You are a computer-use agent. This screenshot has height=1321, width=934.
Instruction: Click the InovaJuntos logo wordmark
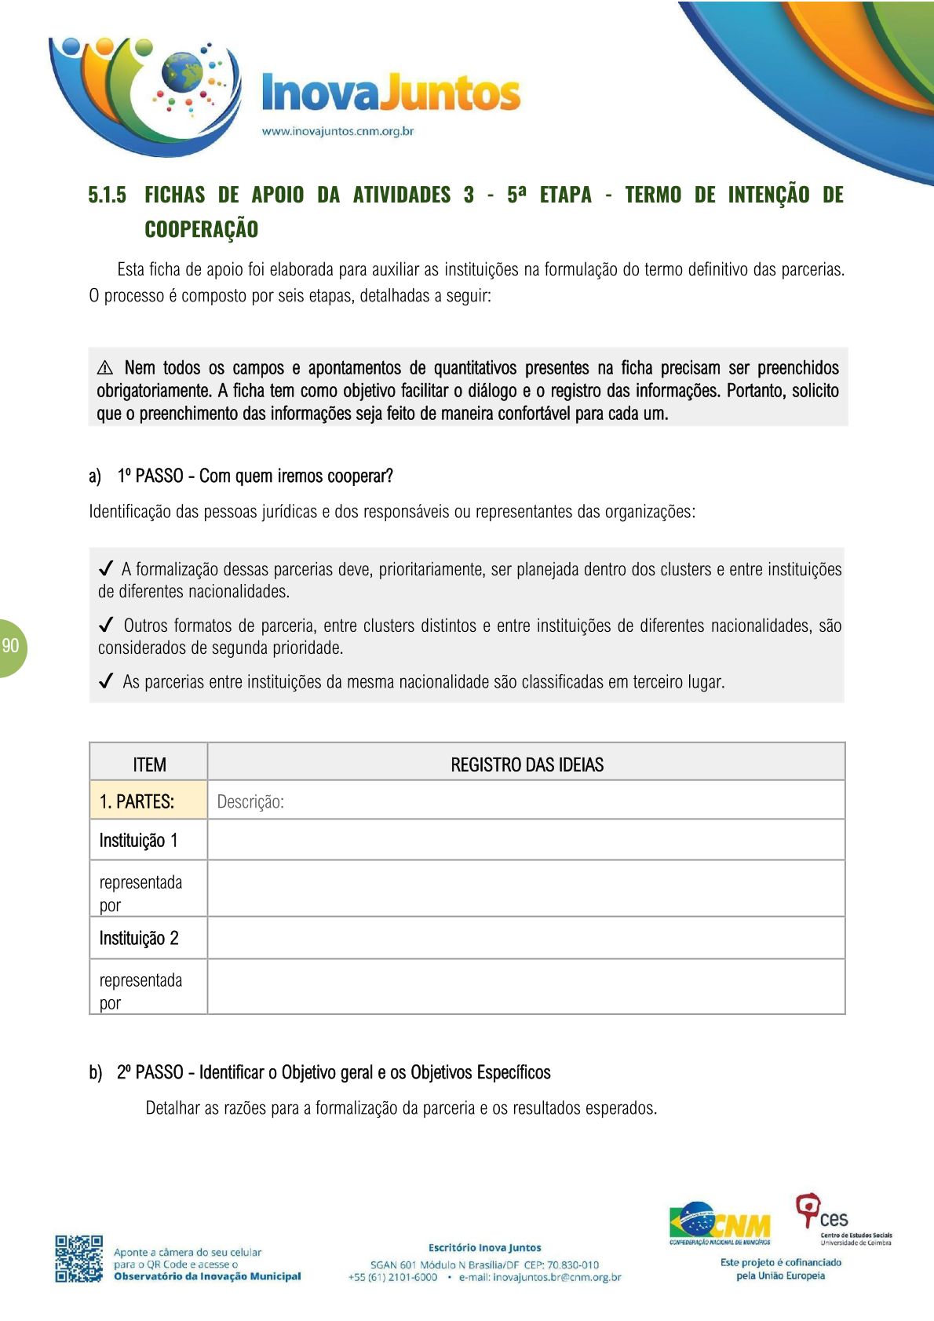click(x=390, y=93)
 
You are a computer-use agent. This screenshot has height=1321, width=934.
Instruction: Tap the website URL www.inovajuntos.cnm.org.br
click(x=337, y=131)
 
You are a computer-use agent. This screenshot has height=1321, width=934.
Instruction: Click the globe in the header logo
click(x=182, y=73)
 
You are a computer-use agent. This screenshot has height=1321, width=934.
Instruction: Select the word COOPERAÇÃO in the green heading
click(x=201, y=229)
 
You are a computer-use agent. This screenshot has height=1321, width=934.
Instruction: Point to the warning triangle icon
click(x=105, y=368)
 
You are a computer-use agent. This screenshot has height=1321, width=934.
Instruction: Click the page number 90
click(x=10, y=646)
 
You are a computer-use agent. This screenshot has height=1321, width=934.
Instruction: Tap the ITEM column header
click(x=149, y=764)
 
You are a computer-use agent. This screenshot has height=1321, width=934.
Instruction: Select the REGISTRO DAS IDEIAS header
click(x=527, y=764)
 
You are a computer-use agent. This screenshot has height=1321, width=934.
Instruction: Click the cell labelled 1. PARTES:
click(x=137, y=801)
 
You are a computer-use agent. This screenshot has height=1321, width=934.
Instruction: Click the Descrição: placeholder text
click(x=250, y=801)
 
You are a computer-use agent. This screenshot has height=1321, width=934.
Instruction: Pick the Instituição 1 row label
click(x=139, y=841)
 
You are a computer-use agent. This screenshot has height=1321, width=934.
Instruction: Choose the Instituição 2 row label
click(x=139, y=938)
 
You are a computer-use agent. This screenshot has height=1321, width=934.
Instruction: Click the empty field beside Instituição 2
click(x=526, y=938)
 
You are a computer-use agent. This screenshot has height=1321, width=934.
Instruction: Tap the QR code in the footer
click(x=78, y=1258)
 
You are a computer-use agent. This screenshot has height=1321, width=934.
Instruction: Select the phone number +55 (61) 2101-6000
click(x=392, y=1277)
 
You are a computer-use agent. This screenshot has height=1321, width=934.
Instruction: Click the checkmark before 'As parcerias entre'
click(x=106, y=681)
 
